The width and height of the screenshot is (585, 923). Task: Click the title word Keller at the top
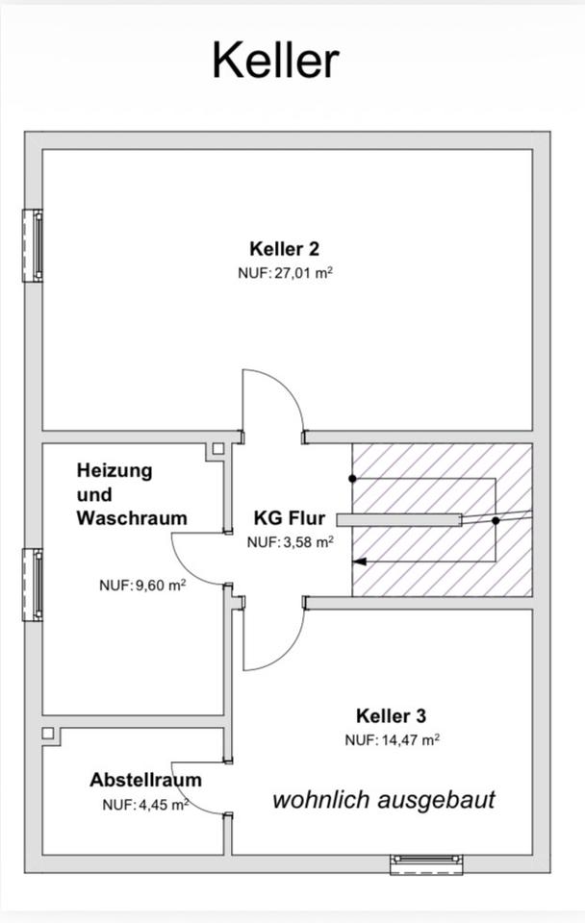276,60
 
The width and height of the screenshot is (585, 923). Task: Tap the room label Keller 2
285,248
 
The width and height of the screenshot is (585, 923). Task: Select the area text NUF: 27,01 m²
286,273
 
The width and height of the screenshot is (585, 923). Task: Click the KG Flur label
290,518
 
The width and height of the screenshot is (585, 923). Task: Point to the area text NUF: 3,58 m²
291,542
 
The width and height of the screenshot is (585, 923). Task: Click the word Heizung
114,471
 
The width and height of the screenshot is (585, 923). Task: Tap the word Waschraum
132,518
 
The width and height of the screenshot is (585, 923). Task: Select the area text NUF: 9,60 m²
142,586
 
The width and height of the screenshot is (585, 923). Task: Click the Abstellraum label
145,780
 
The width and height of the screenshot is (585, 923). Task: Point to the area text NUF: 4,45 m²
145,805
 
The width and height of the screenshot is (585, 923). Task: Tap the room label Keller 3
392,715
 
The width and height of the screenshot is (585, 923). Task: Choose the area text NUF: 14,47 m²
393,740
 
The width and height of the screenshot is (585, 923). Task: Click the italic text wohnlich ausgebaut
384,800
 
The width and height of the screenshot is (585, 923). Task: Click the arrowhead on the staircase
359,561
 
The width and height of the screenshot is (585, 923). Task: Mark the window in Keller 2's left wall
33,245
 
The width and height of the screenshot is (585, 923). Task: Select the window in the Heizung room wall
33,586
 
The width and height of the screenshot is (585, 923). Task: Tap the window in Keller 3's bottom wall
426,864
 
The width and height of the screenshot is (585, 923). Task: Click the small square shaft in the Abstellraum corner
48,734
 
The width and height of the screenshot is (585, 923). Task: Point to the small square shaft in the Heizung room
218,449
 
